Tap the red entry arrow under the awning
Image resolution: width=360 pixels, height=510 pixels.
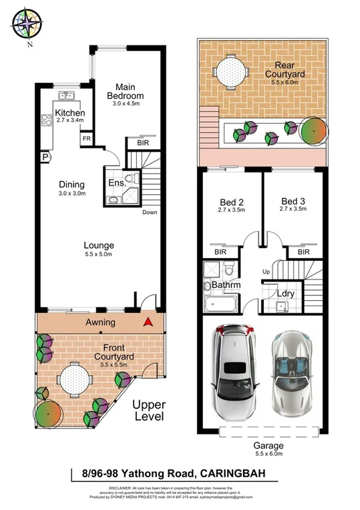[x=148, y=323]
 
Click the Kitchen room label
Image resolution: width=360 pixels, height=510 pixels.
[x=69, y=113]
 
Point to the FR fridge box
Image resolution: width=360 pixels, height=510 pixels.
[x=86, y=138]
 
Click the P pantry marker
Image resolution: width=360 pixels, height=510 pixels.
[x=45, y=157]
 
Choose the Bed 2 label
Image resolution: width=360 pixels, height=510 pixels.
[x=232, y=201]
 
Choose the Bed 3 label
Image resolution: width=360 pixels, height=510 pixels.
[x=293, y=201]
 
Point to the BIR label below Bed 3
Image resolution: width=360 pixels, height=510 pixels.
[x=304, y=252]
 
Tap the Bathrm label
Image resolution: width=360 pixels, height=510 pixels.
[x=226, y=285]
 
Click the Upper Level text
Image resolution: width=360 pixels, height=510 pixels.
[x=148, y=410]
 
